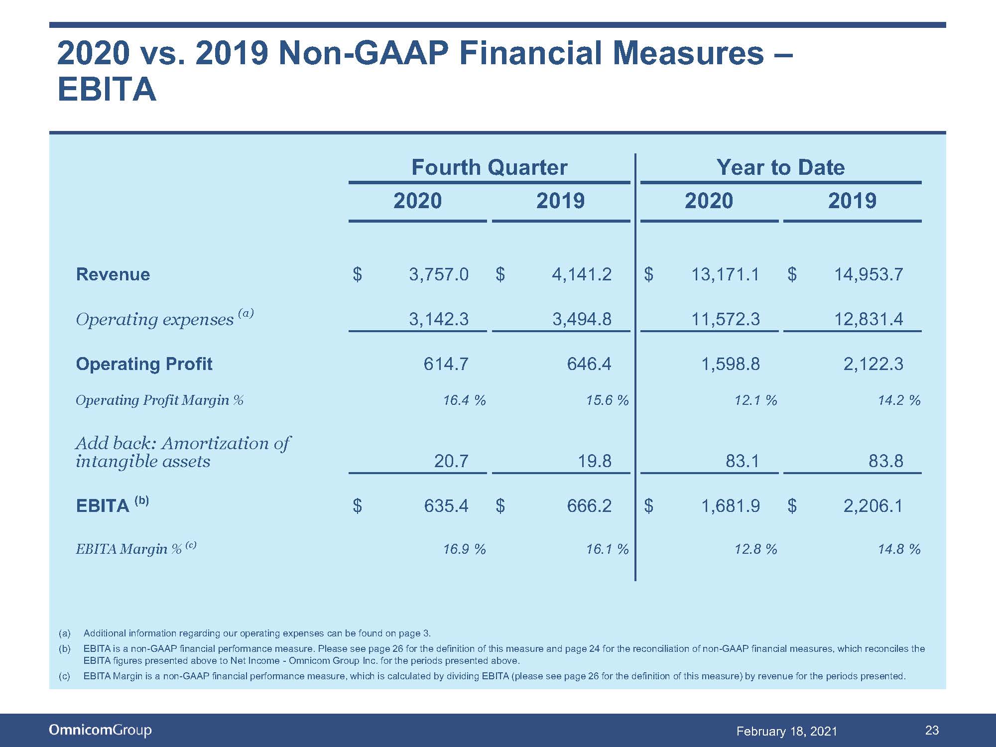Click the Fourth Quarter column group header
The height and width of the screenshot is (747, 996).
coord(489,167)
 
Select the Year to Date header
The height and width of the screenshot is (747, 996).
coord(780,167)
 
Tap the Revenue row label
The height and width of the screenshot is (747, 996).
coord(113,274)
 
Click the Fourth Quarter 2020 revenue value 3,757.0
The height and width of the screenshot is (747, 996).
coord(439,274)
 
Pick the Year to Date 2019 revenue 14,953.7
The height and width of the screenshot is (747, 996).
coord(869,274)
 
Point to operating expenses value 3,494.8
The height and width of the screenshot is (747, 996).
coord(582,319)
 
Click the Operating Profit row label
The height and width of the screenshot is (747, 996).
coord(144,364)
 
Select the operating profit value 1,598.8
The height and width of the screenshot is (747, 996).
coord(731,364)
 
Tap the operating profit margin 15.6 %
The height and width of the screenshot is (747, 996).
coord(607,400)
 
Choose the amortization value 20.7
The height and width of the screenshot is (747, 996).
coord(451,461)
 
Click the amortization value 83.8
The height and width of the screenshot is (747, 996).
coord(886,461)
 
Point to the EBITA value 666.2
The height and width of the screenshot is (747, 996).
coord(589,506)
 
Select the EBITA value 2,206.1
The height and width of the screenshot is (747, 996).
coord(873,506)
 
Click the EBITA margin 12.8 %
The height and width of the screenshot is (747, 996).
coord(755,549)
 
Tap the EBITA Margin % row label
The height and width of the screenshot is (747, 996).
coord(136,548)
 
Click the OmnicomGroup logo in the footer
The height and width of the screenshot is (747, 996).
coord(100,731)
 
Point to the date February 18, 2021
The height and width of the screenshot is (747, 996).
coord(787,731)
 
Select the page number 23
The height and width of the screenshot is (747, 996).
coord(932,731)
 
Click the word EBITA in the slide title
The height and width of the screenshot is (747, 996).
coord(107,90)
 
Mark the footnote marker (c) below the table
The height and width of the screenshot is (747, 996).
coord(64,676)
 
